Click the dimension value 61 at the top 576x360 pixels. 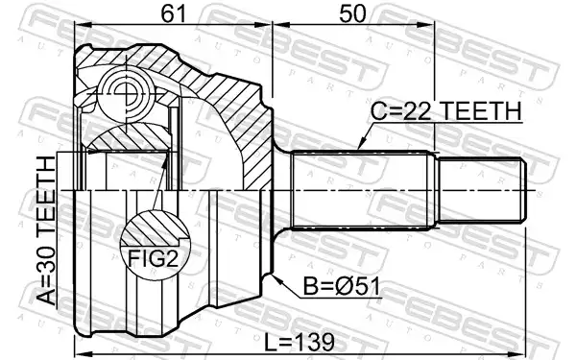click(174, 13)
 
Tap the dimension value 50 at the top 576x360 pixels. click(352, 13)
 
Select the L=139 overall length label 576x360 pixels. click(300, 342)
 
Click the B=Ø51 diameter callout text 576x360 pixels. click(341, 286)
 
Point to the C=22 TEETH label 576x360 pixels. click(446, 110)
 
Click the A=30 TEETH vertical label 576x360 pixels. click(47, 230)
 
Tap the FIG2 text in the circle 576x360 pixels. click(153, 258)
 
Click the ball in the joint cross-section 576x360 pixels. click(126, 94)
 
